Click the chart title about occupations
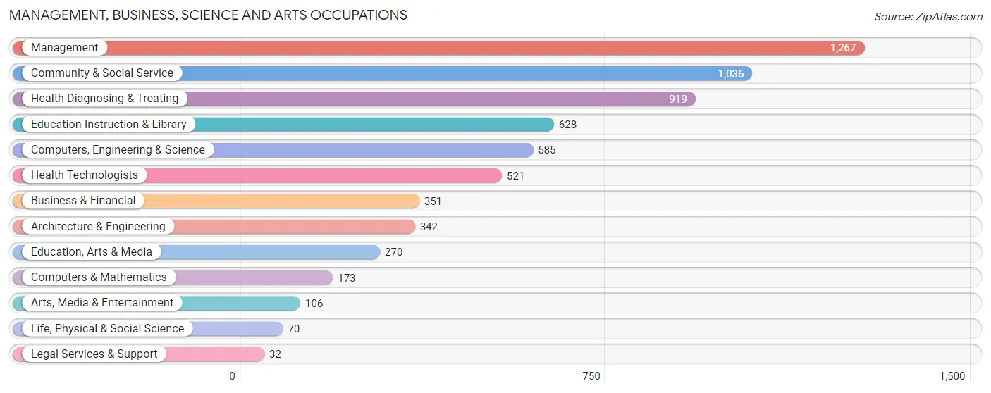(x=208, y=15)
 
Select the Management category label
(x=64, y=48)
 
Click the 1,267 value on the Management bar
(x=842, y=48)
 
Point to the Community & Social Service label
(x=101, y=73)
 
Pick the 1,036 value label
(x=730, y=73)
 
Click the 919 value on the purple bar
(x=677, y=99)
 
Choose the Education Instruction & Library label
(x=109, y=125)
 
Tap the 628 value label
(x=567, y=125)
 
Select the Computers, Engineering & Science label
(x=118, y=150)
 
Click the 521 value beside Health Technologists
(x=515, y=175)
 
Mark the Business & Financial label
(x=83, y=201)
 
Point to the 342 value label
(x=429, y=227)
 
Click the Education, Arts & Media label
(x=92, y=252)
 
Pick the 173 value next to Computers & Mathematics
(x=346, y=277)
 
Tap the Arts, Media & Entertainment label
(x=101, y=303)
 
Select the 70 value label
(x=293, y=329)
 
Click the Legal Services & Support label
(x=94, y=354)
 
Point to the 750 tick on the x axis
(x=591, y=376)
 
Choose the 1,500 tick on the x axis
(x=952, y=376)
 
